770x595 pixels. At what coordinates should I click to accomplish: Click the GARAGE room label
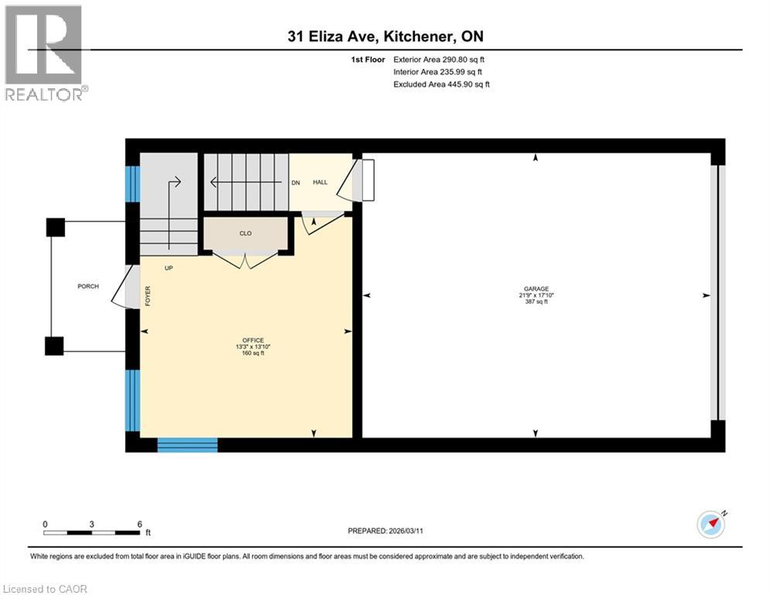click(x=535, y=288)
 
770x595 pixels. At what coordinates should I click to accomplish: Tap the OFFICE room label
click(x=253, y=340)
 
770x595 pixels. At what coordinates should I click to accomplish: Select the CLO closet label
click(x=245, y=233)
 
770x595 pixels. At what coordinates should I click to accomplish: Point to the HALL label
click(x=320, y=183)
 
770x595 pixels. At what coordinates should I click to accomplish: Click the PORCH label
click(x=88, y=287)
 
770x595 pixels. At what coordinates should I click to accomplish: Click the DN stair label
click(x=296, y=183)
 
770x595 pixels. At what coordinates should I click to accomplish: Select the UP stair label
click(x=168, y=268)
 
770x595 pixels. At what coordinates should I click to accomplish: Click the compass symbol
click(x=711, y=524)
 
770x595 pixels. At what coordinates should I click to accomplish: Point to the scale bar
click(x=93, y=532)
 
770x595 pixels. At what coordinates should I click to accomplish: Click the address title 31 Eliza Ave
click(x=385, y=36)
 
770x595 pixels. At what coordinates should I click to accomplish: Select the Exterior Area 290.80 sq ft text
click(x=440, y=59)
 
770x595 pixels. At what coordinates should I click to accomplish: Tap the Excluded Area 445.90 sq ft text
click(x=441, y=84)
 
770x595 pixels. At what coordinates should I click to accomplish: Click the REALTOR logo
click(x=45, y=53)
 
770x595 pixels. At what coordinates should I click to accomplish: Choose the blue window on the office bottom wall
click(x=187, y=445)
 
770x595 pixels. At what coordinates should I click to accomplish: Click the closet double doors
click(x=246, y=262)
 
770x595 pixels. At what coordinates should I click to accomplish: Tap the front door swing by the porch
click(x=122, y=287)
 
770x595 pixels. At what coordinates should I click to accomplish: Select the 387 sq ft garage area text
click(x=535, y=302)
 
